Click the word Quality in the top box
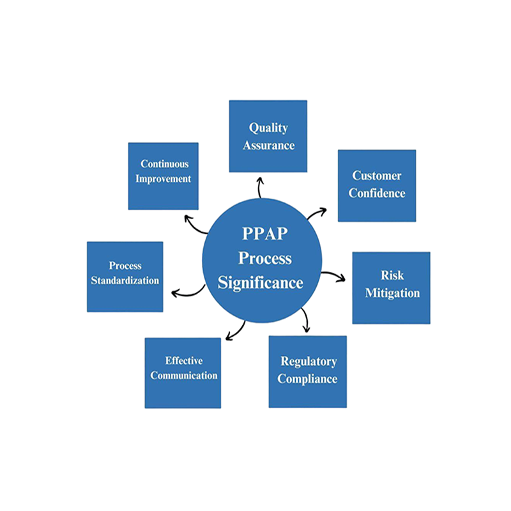point(268,128)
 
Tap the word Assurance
point(268,145)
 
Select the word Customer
point(377,176)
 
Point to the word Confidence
point(377,193)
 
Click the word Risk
point(392,276)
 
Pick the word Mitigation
point(392,293)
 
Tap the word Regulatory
point(308,362)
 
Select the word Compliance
point(307,379)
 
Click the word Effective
point(184,360)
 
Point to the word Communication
point(184,376)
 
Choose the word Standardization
point(125,280)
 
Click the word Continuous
point(165,164)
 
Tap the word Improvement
point(165,179)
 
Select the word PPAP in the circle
point(261,234)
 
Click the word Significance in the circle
point(261,282)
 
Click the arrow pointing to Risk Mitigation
point(333,276)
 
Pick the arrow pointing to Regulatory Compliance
point(305,320)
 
